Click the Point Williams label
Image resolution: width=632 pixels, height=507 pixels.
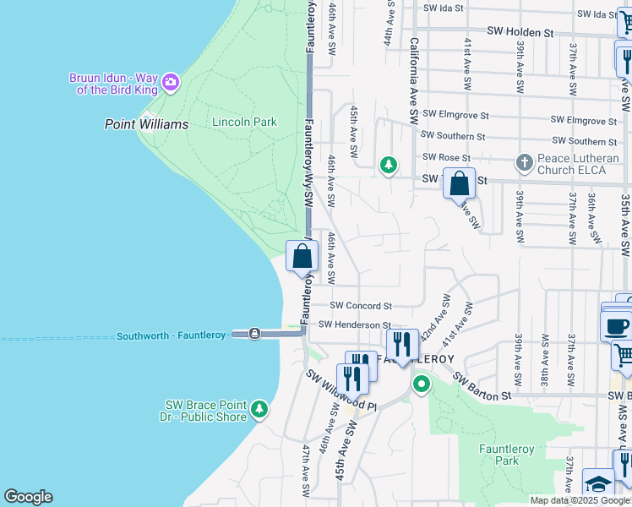pyautogui.click(x=146, y=124)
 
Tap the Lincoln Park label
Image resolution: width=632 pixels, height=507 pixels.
pyautogui.click(x=244, y=122)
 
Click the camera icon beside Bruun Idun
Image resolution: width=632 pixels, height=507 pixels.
pyautogui.click(x=171, y=82)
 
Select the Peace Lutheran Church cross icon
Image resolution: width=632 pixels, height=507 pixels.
pyautogui.click(x=524, y=161)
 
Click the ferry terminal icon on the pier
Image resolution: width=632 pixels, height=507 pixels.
pyautogui.click(x=254, y=334)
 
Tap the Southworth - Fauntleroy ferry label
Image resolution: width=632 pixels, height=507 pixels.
pyautogui.click(x=172, y=335)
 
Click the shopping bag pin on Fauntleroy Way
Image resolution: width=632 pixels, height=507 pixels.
pyautogui.click(x=302, y=256)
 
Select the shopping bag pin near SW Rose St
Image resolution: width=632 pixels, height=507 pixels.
pyautogui.click(x=459, y=183)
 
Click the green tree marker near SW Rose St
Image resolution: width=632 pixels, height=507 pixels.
pyautogui.click(x=388, y=165)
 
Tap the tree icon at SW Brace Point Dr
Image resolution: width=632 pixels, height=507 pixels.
pyautogui.click(x=259, y=411)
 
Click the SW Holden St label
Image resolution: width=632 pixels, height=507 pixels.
pyautogui.click(x=520, y=32)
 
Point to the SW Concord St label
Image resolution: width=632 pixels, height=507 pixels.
pyautogui.click(x=361, y=305)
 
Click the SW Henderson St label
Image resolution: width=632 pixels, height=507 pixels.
pyautogui.click(x=355, y=324)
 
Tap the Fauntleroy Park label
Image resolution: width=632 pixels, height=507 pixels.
pyautogui.click(x=506, y=455)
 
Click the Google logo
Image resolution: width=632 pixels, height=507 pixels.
pyautogui.click(x=28, y=497)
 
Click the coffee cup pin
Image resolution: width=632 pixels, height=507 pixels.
pyautogui.click(x=617, y=324)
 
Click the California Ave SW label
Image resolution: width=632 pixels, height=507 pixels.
pyautogui.click(x=414, y=80)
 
